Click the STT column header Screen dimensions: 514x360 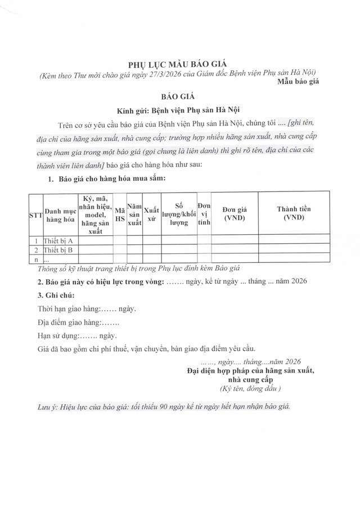[x=35, y=214]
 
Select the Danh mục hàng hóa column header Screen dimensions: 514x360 [x=61, y=214]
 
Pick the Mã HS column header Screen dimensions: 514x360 [x=120, y=214]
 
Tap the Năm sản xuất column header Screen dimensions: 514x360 [x=134, y=214]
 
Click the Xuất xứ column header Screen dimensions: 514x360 [x=151, y=214]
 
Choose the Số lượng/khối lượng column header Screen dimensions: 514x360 [x=179, y=214]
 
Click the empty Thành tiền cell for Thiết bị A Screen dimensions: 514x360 [x=294, y=240]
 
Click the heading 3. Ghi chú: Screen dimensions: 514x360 [x=55, y=295]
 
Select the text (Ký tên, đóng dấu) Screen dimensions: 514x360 [x=250, y=389]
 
